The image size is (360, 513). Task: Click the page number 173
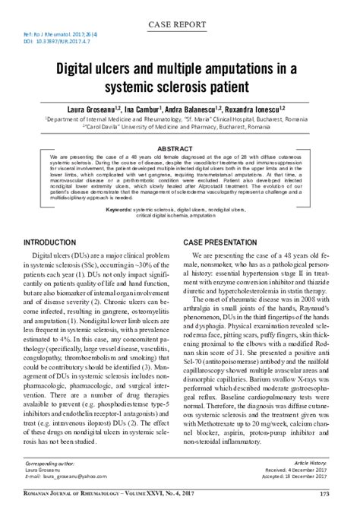(x=328, y=495)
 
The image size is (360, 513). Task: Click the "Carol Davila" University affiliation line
(x=179, y=127)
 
